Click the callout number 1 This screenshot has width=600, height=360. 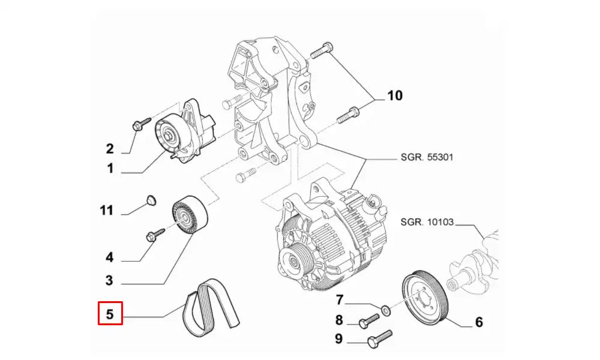[x=110, y=169]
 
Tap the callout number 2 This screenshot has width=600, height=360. [x=110, y=149]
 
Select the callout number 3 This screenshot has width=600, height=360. [x=109, y=280]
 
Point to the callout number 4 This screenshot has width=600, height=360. [x=109, y=257]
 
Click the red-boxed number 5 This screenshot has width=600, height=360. [x=110, y=314]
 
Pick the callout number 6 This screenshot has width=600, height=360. [x=479, y=322]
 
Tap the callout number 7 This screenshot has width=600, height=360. [x=339, y=299]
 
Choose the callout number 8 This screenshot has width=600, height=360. [x=339, y=320]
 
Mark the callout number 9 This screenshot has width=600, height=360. [x=339, y=340]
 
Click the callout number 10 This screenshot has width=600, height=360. [x=394, y=95]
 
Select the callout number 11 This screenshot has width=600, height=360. [x=106, y=211]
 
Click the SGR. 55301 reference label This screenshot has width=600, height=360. [x=427, y=158]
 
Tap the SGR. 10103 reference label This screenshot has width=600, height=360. [x=427, y=222]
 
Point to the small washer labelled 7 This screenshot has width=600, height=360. [x=385, y=310]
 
